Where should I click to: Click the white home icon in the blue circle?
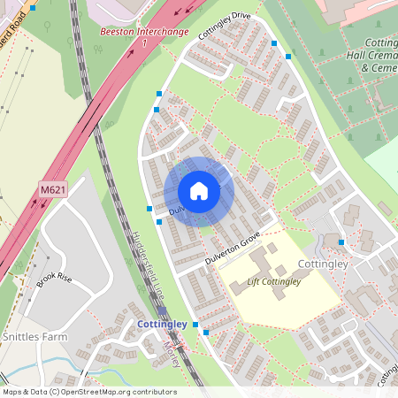pyautogui.click(x=199, y=191)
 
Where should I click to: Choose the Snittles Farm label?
pyautogui.click(x=34, y=336)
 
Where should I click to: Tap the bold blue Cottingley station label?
pyautogui.click(x=162, y=325)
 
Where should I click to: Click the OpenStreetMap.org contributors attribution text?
pyautogui.click(x=119, y=392)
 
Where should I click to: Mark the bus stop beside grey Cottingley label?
pyautogui.click(x=341, y=241)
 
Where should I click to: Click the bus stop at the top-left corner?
pyautogui.click(x=33, y=7)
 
